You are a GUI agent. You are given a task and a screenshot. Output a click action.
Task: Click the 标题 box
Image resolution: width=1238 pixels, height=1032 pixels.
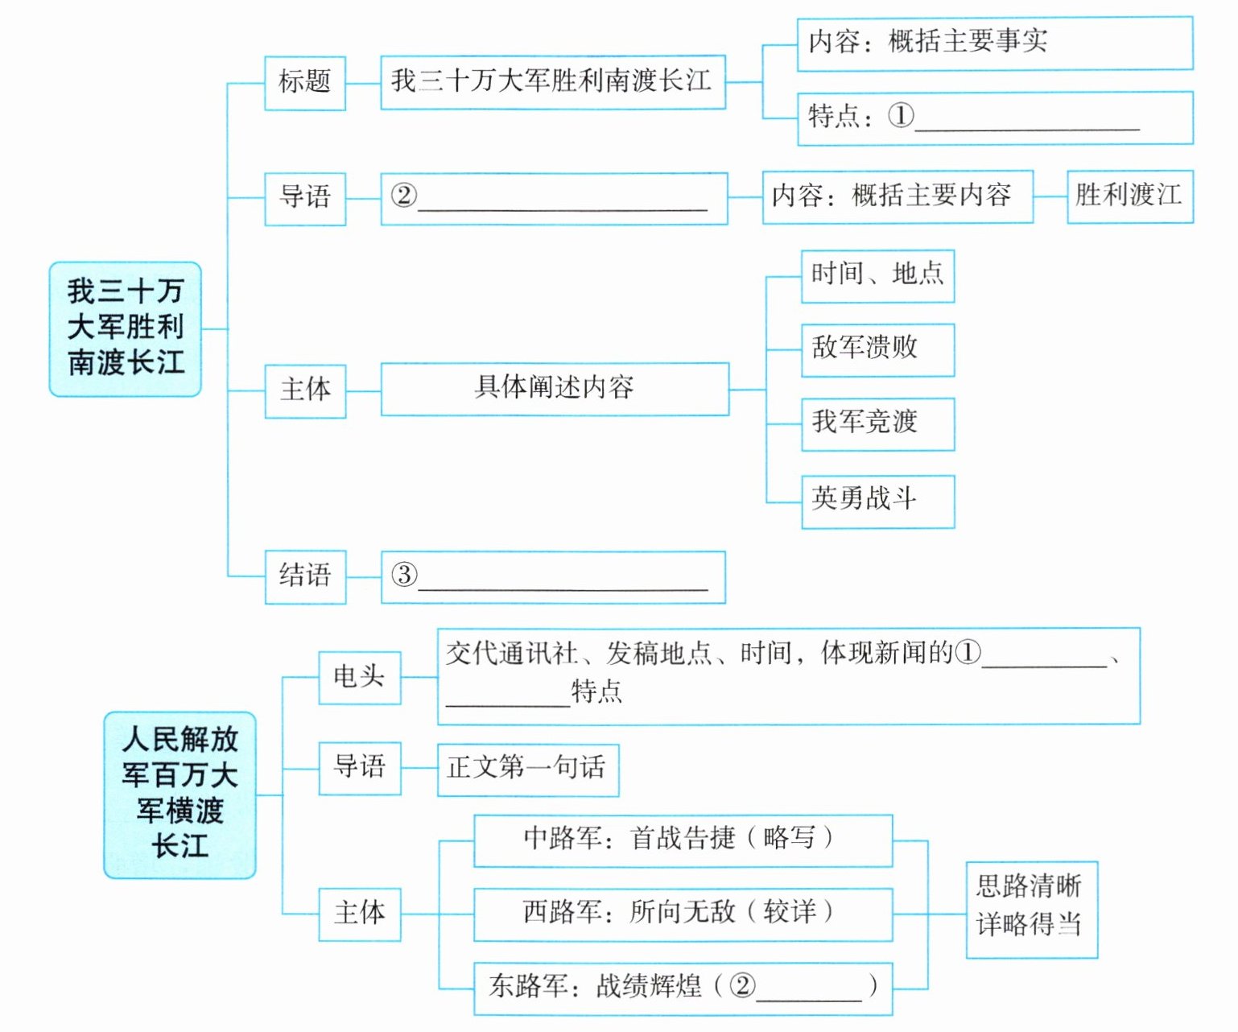(x=305, y=82)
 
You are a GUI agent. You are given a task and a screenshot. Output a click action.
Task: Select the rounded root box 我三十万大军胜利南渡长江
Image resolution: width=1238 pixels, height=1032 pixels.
(x=125, y=328)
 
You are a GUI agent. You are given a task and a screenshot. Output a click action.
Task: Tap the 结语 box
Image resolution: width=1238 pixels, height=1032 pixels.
(x=305, y=576)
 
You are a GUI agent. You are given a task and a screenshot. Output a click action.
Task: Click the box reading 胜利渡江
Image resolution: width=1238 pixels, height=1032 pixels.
(x=1129, y=196)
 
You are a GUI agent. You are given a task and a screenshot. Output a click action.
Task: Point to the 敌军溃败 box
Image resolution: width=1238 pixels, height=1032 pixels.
(x=877, y=349)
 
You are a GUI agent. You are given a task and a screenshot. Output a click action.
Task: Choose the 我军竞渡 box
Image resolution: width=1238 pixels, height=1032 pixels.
(x=877, y=423)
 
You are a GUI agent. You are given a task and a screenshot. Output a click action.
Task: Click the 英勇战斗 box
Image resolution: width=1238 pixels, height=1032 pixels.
(x=877, y=501)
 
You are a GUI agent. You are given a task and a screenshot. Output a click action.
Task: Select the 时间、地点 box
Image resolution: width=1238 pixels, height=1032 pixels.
(x=877, y=275)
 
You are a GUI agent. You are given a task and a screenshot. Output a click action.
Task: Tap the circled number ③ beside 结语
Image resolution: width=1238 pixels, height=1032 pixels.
(x=404, y=575)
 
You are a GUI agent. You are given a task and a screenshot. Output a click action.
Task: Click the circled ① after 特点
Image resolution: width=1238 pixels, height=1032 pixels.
(x=902, y=116)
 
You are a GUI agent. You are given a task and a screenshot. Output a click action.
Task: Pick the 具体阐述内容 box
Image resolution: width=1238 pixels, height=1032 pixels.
(x=555, y=389)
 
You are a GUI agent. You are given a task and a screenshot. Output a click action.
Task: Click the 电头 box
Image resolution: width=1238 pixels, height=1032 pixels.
(x=359, y=677)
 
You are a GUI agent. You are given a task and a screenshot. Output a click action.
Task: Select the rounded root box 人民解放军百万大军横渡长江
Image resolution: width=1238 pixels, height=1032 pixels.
(x=180, y=794)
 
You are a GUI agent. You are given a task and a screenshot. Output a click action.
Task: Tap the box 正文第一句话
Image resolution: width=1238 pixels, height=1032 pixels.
(x=527, y=769)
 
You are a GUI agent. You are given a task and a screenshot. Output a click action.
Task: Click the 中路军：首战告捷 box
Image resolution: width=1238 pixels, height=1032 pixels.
(x=683, y=840)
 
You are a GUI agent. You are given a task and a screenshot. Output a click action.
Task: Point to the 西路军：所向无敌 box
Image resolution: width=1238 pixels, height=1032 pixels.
(x=683, y=914)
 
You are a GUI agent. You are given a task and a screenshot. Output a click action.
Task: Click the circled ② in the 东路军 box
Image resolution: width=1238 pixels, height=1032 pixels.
(x=742, y=985)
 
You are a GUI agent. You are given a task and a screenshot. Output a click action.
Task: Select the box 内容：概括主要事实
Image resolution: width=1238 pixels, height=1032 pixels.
(x=994, y=43)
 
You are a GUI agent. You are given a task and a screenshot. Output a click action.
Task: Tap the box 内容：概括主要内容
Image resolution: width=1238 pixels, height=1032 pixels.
(x=897, y=196)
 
